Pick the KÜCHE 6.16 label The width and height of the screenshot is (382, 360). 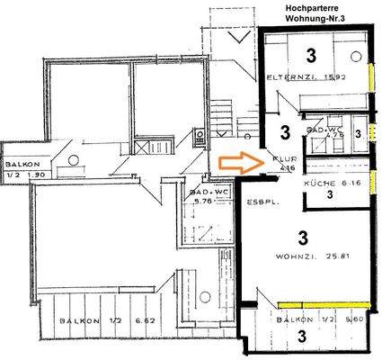(325, 183)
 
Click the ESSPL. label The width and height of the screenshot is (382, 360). (260, 203)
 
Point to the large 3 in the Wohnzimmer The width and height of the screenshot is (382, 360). (303, 238)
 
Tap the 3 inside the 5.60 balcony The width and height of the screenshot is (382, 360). (303, 337)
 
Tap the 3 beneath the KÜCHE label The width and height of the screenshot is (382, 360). (329, 194)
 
